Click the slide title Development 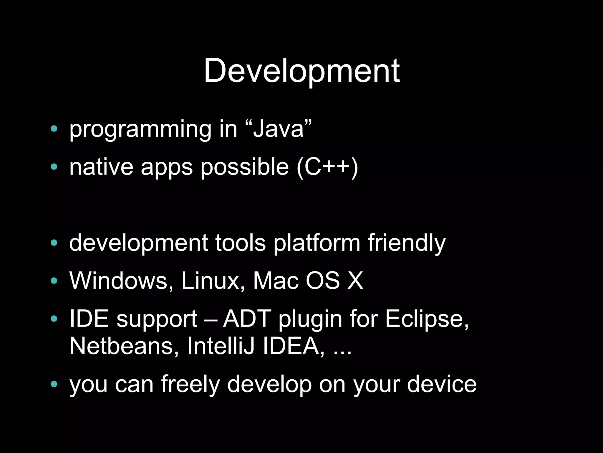[x=301, y=71]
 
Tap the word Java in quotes [x=278, y=129]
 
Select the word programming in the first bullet [x=140, y=130]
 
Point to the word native [x=101, y=167]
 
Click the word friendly [x=407, y=243]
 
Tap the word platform [x=317, y=243]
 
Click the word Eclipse [x=426, y=319]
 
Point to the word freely [x=190, y=385]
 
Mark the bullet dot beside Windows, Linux [x=54, y=281]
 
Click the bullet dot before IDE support [x=54, y=319]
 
